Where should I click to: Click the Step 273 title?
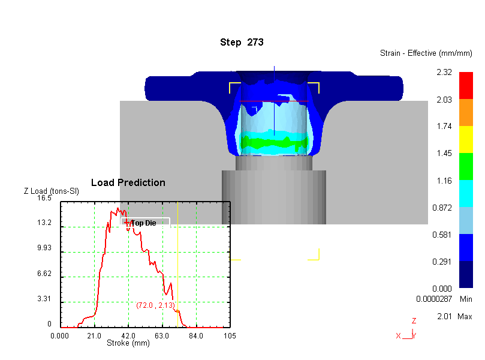(242, 42)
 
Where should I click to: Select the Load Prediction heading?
(128, 182)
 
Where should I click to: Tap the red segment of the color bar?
(466, 85)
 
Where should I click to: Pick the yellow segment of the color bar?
(466, 139)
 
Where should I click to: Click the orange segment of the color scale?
(466, 112)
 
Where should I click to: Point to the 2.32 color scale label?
(444, 72)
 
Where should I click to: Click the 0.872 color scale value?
(442, 208)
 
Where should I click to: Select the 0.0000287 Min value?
(434, 299)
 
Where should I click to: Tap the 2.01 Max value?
(444, 316)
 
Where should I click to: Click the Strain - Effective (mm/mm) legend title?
(426, 53)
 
